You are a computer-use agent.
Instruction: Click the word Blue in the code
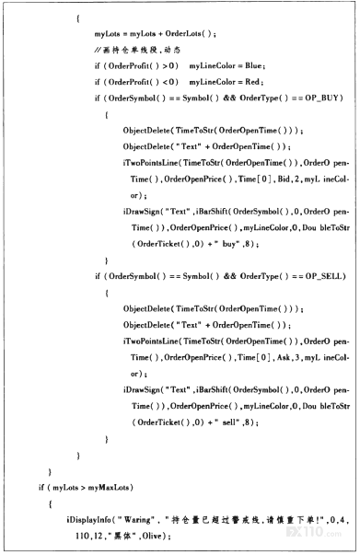[253, 65]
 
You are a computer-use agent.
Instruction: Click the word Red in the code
[252, 82]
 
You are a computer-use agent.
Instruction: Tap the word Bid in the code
[284, 179]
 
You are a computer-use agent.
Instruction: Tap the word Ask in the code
[284, 357]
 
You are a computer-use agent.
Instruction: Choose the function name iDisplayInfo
[89, 520]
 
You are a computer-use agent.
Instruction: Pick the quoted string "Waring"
[136, 520]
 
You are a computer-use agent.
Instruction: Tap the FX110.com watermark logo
[314, 532]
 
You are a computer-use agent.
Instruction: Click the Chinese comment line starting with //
[137, 50]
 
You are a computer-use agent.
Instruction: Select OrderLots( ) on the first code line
[189, 34]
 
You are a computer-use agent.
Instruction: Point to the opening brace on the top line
[78, 18]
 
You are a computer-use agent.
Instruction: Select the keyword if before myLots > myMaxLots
[41, 488]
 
